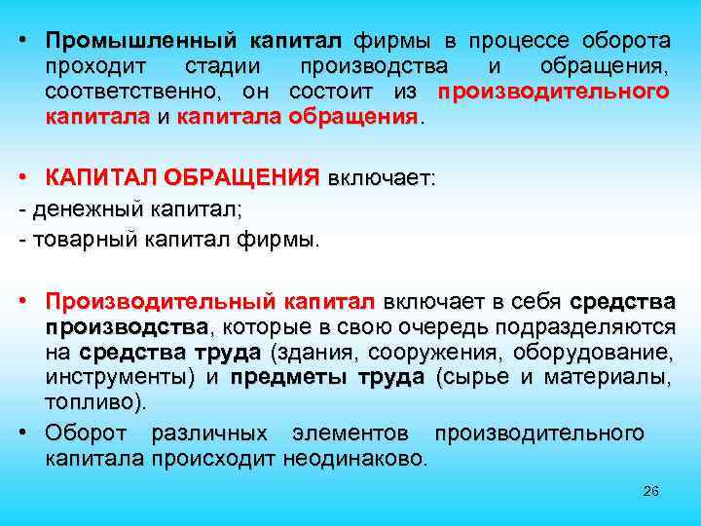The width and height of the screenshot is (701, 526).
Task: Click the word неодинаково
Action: tap(354, 458)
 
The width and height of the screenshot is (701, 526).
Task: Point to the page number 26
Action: tap(650, 493)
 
